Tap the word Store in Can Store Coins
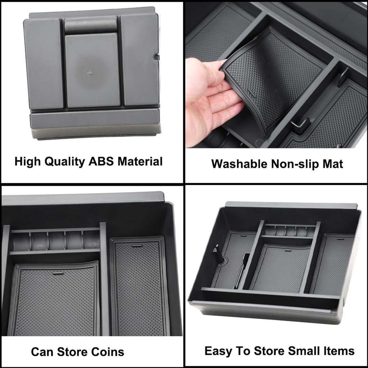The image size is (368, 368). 70,351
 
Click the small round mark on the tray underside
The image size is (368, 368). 89,72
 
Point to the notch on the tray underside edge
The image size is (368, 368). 156,57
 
